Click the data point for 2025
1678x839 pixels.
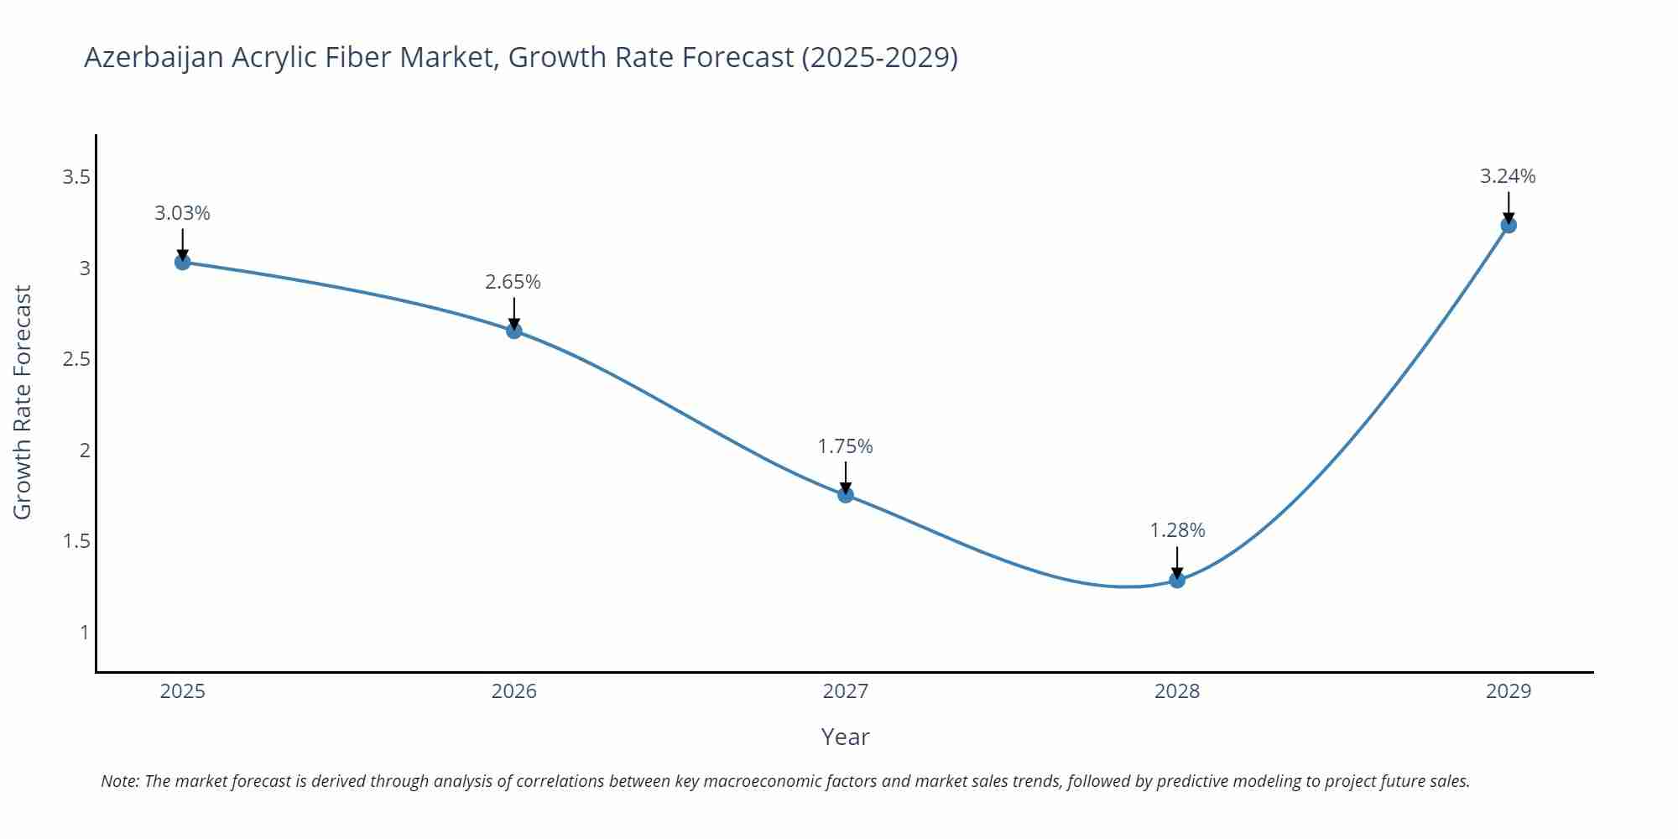[x=182, y=262]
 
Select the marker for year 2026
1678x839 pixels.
[x=514, y=331]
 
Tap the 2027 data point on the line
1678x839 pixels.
[x=846, y=494]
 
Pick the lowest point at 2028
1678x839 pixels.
[x=1177, y=580]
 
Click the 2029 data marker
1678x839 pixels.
[x=1509, y=225]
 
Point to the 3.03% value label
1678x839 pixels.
[x=182, y=213]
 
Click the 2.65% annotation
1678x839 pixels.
[x=513, y=282]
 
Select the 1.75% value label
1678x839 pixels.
[x=846, y=446]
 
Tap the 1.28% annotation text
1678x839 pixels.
[x=1177, y=530]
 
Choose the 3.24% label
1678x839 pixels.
[x=1508, y=176]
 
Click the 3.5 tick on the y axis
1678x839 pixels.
[x=76, y=177]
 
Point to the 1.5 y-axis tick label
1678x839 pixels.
[x=76, y=541]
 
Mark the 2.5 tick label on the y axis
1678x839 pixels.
[x=76, y=359]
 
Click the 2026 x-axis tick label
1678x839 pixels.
[x=514, y=691]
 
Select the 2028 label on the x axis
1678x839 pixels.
[x=1177, y=691]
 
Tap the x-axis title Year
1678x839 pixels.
[x=845, y=737]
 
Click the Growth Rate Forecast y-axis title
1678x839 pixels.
[x=23, y=402]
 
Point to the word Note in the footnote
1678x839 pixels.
[x=119, y=781]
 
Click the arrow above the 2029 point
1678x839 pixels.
[x=1509, y=206]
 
